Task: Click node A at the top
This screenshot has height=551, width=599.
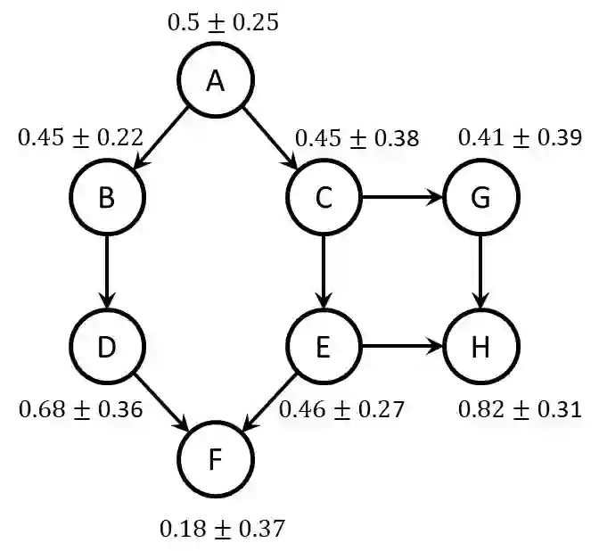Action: [x=215, y=81]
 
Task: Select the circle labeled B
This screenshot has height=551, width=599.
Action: [x=106, y=198]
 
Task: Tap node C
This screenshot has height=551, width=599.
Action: [x=323, y=198]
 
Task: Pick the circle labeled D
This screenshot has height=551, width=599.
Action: [x=106, y=347]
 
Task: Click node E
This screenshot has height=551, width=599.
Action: [x=323, y=347]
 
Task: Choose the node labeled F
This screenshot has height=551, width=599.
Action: [x=215, y=461]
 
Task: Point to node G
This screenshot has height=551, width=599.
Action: [x=480, y=198]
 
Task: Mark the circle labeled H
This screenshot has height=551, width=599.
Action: [x=480, y=347]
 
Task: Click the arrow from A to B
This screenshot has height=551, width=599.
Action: [x=160, y=138]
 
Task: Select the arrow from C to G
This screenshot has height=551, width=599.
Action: [x=401, y=198]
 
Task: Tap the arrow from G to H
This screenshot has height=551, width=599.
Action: [x=480, y=272]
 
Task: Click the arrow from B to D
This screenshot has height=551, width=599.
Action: [x=106, y=272]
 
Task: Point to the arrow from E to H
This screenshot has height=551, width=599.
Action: [x=401, y=347]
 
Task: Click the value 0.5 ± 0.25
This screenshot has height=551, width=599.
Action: [x=223, y=22]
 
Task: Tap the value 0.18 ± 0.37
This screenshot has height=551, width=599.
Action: [x=222, y=529]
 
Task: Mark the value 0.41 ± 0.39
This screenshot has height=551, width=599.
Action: [x=520, y=137]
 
